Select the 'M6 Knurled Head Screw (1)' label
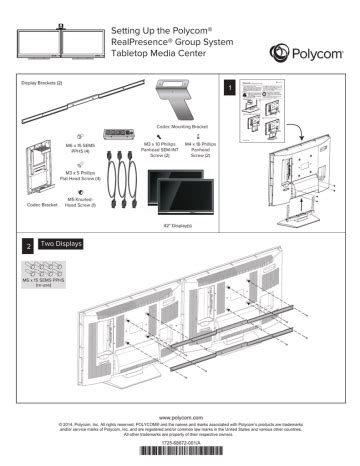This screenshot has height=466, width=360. [x=79, y=203]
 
